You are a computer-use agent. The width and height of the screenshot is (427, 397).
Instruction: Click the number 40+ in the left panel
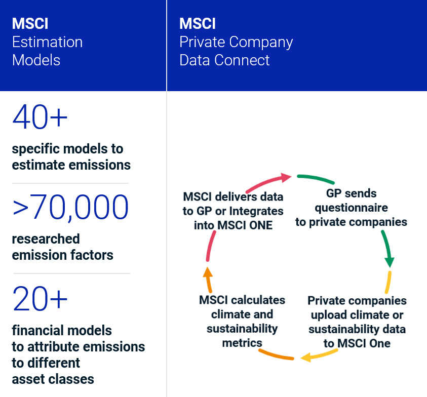(x=40, y=117)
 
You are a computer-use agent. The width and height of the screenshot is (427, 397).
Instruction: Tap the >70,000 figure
(x=71, y=207)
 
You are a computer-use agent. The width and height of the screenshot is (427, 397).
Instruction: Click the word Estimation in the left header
(x=47, y=42)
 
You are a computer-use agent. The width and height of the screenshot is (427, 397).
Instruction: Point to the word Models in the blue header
(x=36, y=60)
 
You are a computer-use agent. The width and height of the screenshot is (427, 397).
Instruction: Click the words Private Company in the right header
(x=236, y=42)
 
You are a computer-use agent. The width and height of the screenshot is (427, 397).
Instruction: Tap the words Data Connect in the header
(x=224, y=60)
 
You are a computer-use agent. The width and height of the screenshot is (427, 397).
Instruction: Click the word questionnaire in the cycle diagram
(x=351, y=208)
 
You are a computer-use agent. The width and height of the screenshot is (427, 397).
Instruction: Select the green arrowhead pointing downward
(x=389, y=261)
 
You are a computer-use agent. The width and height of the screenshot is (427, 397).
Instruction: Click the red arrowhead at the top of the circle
(x=285, y=176)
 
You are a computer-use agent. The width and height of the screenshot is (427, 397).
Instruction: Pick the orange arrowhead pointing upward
(x=207, y=272)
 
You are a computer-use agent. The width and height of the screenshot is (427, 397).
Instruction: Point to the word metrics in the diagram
(x=242, y=343)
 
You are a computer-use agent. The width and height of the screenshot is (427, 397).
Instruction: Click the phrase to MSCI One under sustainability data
(x=357, y=343)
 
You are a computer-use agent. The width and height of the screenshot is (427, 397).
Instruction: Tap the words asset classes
(x=53, y=379)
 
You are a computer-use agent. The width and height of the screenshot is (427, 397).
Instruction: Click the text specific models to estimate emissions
(x=71, y=157)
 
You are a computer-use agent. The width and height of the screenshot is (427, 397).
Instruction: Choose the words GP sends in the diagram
(x=351, y=193)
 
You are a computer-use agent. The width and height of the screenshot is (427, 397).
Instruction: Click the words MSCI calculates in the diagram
(x=242, y=300)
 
